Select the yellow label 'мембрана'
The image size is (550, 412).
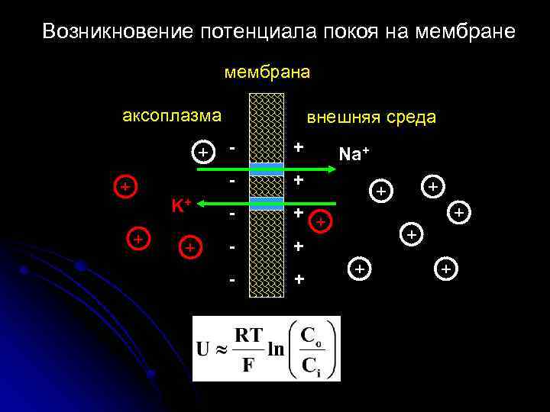[x=267, y=72]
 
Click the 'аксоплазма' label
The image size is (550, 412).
[x=172, y=117]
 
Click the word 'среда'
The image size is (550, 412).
[x=411, y=117]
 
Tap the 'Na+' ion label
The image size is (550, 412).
[x=354, y=153]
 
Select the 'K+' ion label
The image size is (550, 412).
[x=180, y=205]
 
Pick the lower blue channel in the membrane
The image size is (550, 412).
[x=267, y=203]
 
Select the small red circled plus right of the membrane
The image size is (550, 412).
[x=321, y=222]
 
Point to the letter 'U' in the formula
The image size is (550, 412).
[x=204, y=350]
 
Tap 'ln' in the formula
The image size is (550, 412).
[x=275, y=350]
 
